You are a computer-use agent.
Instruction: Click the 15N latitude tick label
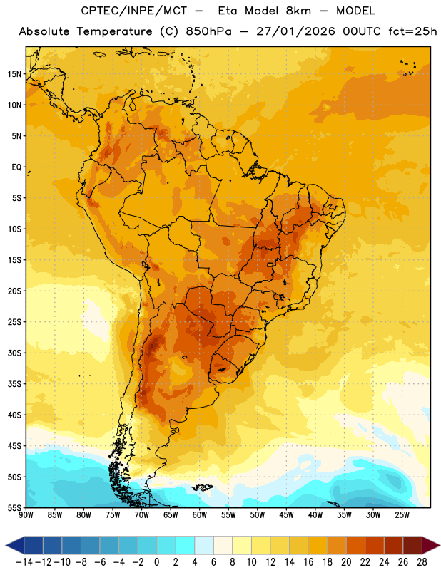14,74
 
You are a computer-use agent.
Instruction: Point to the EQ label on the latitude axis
16,167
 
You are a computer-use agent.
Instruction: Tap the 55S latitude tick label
14,508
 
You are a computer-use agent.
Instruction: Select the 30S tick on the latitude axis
14,353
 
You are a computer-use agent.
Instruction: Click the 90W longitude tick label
26,515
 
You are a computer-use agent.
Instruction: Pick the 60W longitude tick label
200,515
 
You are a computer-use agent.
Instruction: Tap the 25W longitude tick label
402,515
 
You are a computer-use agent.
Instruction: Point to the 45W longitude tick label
286,515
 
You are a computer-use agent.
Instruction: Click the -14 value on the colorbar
24,562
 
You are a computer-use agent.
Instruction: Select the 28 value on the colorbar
422,562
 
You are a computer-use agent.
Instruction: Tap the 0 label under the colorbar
156,562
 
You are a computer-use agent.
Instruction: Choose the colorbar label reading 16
308,562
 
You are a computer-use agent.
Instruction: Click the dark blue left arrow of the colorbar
15,545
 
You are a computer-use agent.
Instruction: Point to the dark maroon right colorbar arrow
431,545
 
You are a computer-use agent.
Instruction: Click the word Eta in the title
227,11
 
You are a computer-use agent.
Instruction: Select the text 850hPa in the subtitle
208,31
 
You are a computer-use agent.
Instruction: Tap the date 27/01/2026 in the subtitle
295,31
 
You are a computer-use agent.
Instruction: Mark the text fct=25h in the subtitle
412,31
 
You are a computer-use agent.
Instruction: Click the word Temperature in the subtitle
114,31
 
